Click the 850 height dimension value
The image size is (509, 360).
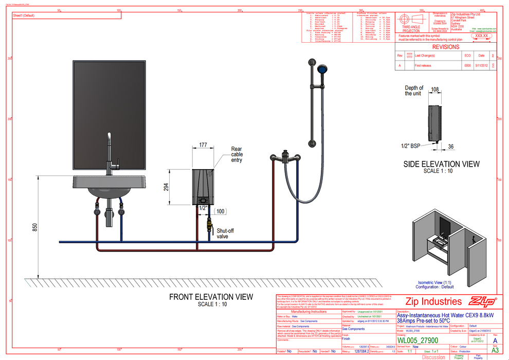pos(34,227)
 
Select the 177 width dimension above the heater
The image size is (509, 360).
pos(203,146)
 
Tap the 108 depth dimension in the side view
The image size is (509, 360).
pos(434,89)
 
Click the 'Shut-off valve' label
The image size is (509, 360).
pos(225,233)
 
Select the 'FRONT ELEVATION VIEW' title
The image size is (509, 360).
pos(211,297)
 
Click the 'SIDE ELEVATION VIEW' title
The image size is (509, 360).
pos(441,164)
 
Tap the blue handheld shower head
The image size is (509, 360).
pos(322,69)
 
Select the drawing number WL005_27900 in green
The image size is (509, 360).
pos(417,340)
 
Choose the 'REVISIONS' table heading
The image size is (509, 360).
pos(446,47)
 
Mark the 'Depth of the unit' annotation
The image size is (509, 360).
pos(414,91)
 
